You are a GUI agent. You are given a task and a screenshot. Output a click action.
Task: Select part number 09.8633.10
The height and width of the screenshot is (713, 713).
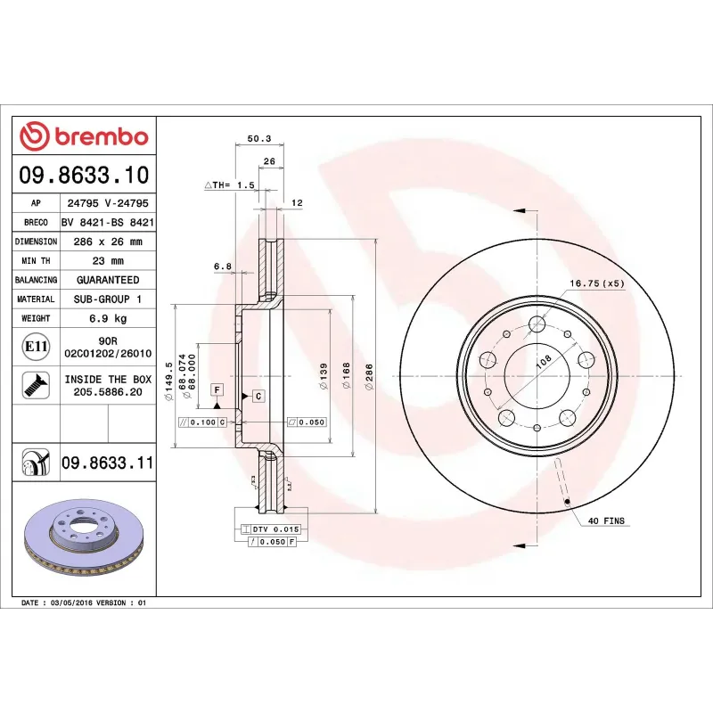84,175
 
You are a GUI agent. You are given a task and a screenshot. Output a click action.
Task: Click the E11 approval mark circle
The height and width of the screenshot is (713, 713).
36,346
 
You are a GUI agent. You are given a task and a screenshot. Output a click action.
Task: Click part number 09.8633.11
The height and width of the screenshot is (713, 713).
107,463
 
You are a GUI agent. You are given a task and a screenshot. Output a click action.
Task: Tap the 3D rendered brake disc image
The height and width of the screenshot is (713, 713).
85,540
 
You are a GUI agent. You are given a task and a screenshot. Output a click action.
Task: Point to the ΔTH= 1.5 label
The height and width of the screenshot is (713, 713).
230,184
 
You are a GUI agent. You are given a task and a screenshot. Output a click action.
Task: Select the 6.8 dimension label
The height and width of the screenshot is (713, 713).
223,266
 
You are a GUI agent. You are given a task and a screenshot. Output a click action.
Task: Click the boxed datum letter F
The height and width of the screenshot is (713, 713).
216,389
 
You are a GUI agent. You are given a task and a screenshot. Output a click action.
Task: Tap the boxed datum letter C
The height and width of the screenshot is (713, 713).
257,395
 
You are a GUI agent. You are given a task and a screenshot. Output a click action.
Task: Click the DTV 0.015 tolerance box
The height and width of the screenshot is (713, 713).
271,529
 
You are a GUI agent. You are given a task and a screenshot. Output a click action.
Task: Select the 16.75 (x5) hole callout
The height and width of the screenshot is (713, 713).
597,283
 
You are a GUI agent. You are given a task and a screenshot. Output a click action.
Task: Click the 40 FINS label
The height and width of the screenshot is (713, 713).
606,520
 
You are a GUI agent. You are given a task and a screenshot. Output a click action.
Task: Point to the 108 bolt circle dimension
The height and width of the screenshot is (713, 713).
542,363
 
